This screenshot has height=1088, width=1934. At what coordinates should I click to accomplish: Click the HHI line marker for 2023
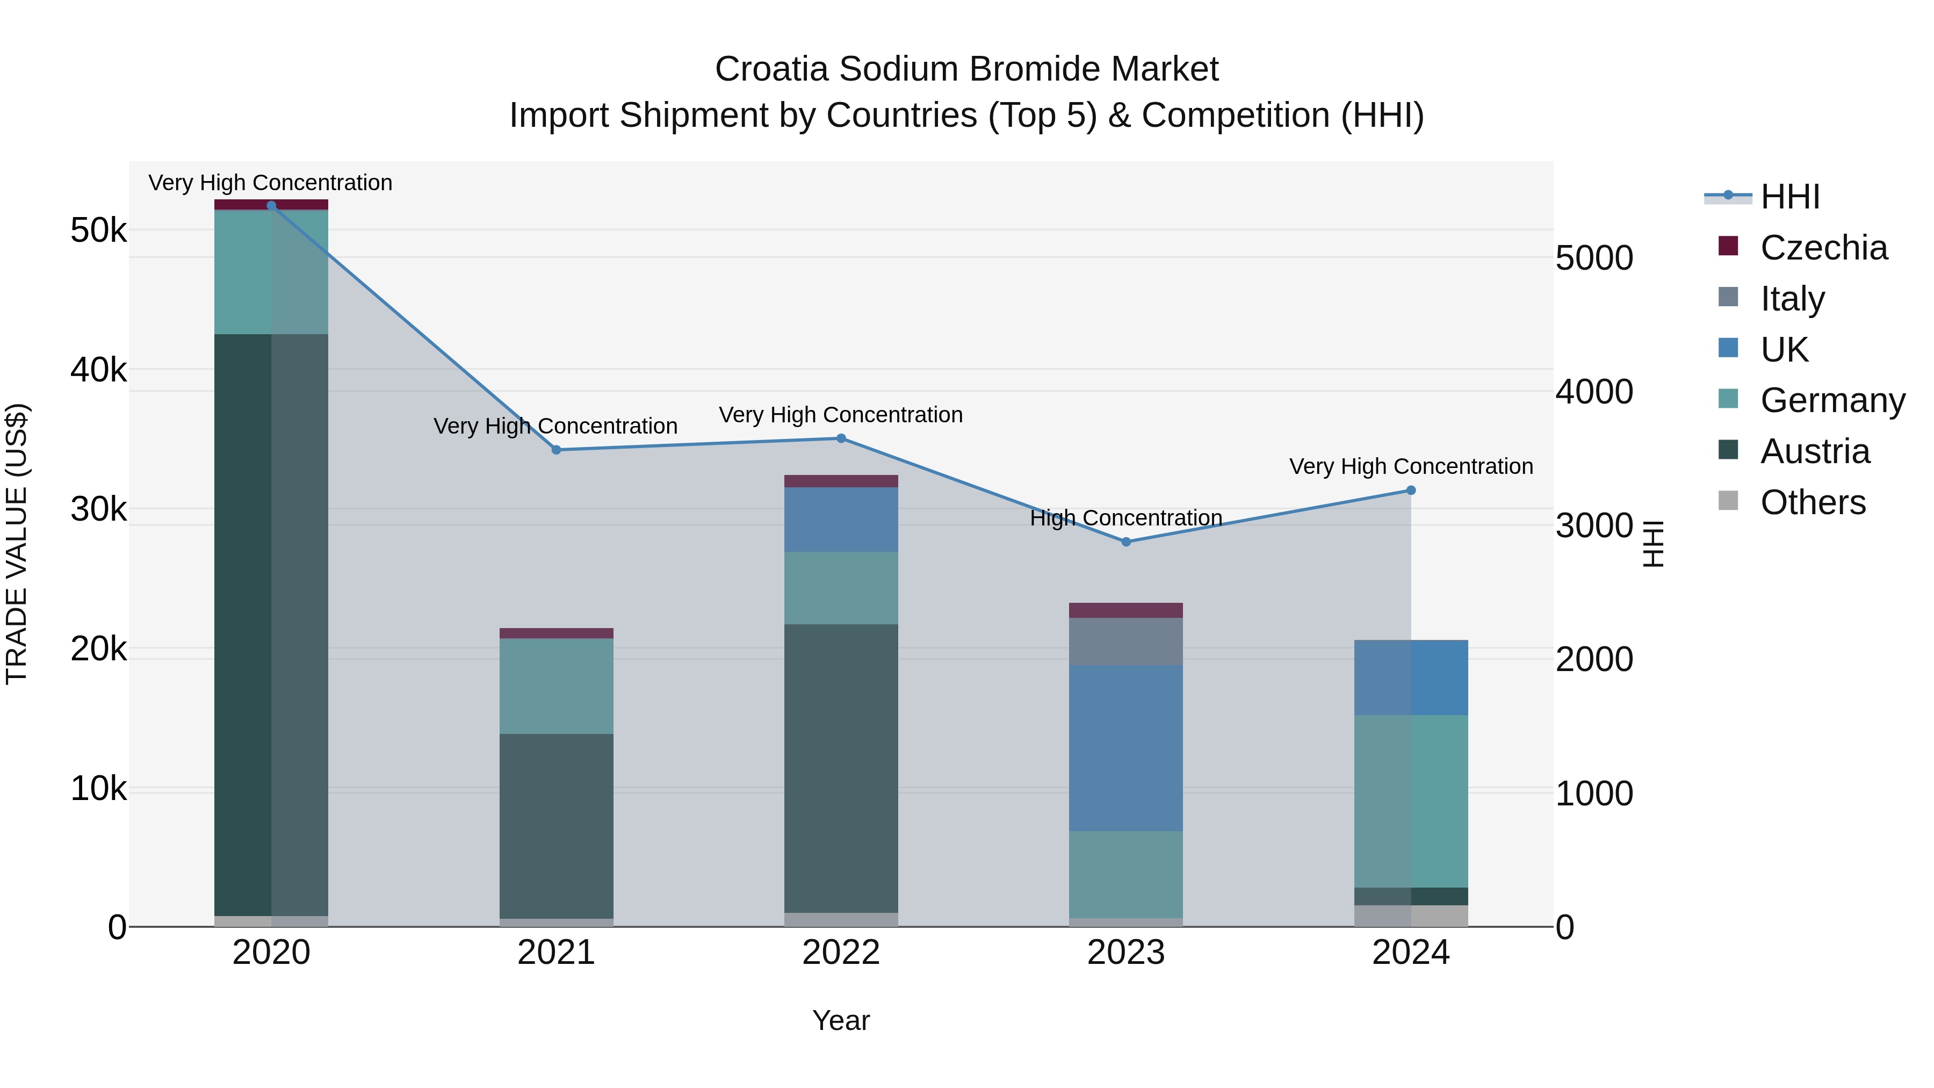pos(1125,542)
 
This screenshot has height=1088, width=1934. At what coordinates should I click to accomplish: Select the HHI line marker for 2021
pos(557,450)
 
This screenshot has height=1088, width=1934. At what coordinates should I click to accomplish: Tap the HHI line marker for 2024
pos(1411,491)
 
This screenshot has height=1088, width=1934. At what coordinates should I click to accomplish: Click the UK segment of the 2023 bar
pos(1125,747)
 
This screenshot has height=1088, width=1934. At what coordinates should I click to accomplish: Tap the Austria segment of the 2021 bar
pos(557,826)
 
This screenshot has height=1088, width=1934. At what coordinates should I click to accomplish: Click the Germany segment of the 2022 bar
pos(841,588)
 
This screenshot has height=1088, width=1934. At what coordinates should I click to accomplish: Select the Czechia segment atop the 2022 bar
pos(841,481)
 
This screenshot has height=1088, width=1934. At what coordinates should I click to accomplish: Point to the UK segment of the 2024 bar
pos(1411,678)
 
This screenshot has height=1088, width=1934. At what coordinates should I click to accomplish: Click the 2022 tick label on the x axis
pos(841,953)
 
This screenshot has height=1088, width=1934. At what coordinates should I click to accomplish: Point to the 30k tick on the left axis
pos(98,510)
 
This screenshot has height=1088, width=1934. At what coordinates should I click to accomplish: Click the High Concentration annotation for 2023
pos(1125,518)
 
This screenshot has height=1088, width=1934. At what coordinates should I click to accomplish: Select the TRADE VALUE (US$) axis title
pos(17,544)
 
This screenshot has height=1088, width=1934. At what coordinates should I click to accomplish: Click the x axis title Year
pos(841,1020)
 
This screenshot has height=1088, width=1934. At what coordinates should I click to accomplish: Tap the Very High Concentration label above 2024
pos(1411,466)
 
